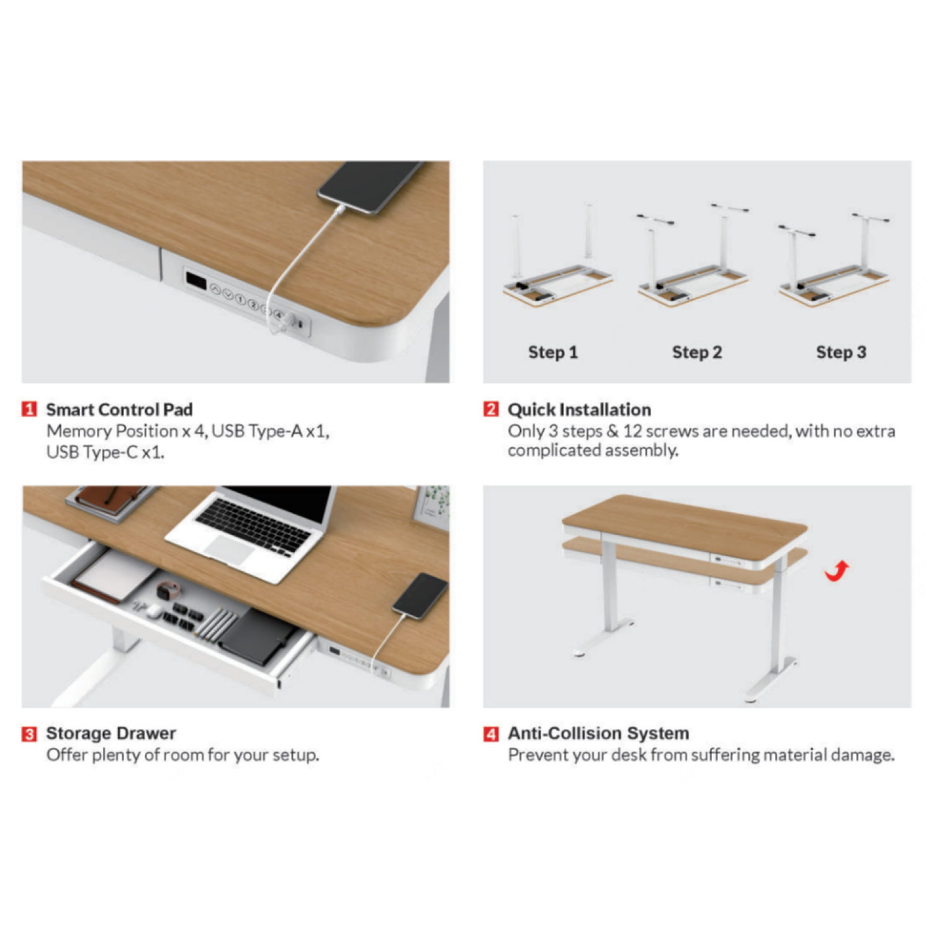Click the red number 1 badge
pyautogui.click(x=29, y=410)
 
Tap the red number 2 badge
pyautogui.click(x=491, y=410)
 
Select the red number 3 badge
pyautogui.click(x=29, y=734)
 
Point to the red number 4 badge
pyautogui.click(x=491, y=734)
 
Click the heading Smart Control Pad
pyautogui.click(x=119, y=410)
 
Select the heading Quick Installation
pyautogui.click(x=579, y=410)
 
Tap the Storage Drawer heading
pyautogui.click(x=111, y=734)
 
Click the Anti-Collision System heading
pyautogui.click(x=598, y=734)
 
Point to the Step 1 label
pyautogui.click(x=553, y=353)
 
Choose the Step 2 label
pyautogui.click(x=697, y=353)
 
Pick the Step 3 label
pyautogui.click(x=841, y=353)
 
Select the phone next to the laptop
pyautogui.click(x=420, y=595)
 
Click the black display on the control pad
pyautogui.click(x=196, y=281)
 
